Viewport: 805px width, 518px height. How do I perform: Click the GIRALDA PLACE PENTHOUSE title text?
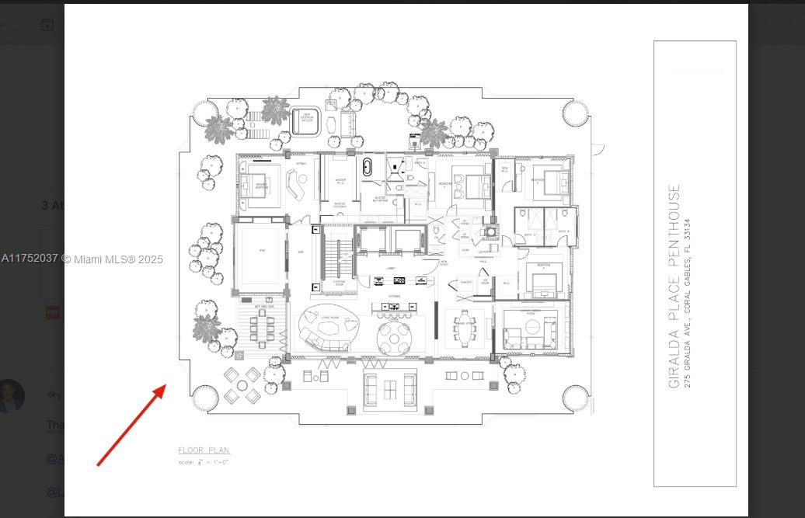coord(674,286)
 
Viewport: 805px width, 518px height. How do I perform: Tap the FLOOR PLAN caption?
coord(204,450)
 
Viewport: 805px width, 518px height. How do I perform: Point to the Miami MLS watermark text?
coord(82,259)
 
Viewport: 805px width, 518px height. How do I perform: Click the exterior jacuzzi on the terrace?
coord(306,120)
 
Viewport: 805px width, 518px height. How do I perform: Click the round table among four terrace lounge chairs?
coord(242,384)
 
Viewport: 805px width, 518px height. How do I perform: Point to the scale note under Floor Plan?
coord(203,463)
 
